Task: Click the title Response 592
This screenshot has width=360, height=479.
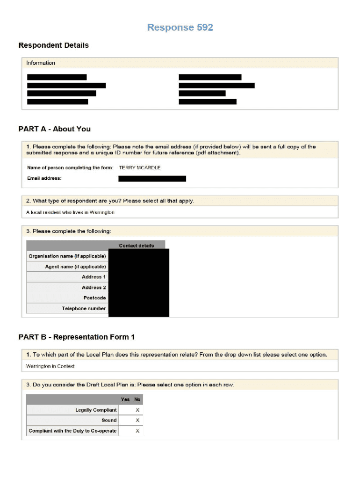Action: coord(180,28)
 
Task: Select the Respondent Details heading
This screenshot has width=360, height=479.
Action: coord(53,45)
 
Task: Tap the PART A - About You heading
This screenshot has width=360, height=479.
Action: coord(54,129)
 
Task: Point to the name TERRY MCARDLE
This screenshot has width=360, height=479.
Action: coord(140,167)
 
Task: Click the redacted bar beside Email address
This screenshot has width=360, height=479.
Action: coord(152,178)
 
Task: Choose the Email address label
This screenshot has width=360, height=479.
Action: coord(44,178)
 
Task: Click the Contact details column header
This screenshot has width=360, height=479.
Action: coord(136,246)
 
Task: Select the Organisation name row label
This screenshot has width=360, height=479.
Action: coord(67,256)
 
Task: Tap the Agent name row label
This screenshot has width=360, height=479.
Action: coord(75,267)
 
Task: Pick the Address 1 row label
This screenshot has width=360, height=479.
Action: coord(94,277)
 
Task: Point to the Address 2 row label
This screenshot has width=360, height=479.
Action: coord(94,288)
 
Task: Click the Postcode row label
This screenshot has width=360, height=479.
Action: coord(94,298)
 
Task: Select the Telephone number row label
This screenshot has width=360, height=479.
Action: coord(84,308)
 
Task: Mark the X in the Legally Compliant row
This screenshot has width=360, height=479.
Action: coord(137,410)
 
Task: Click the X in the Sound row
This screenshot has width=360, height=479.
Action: coord(137,421)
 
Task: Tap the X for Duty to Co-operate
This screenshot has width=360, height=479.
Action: coord(137,431)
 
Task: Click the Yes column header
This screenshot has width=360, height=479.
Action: coord(125,399)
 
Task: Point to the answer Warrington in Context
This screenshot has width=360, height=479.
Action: coord(50,366)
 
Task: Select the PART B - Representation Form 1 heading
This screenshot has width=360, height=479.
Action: coord(77,337)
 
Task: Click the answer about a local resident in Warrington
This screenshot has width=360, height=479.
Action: coord(70,212)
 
